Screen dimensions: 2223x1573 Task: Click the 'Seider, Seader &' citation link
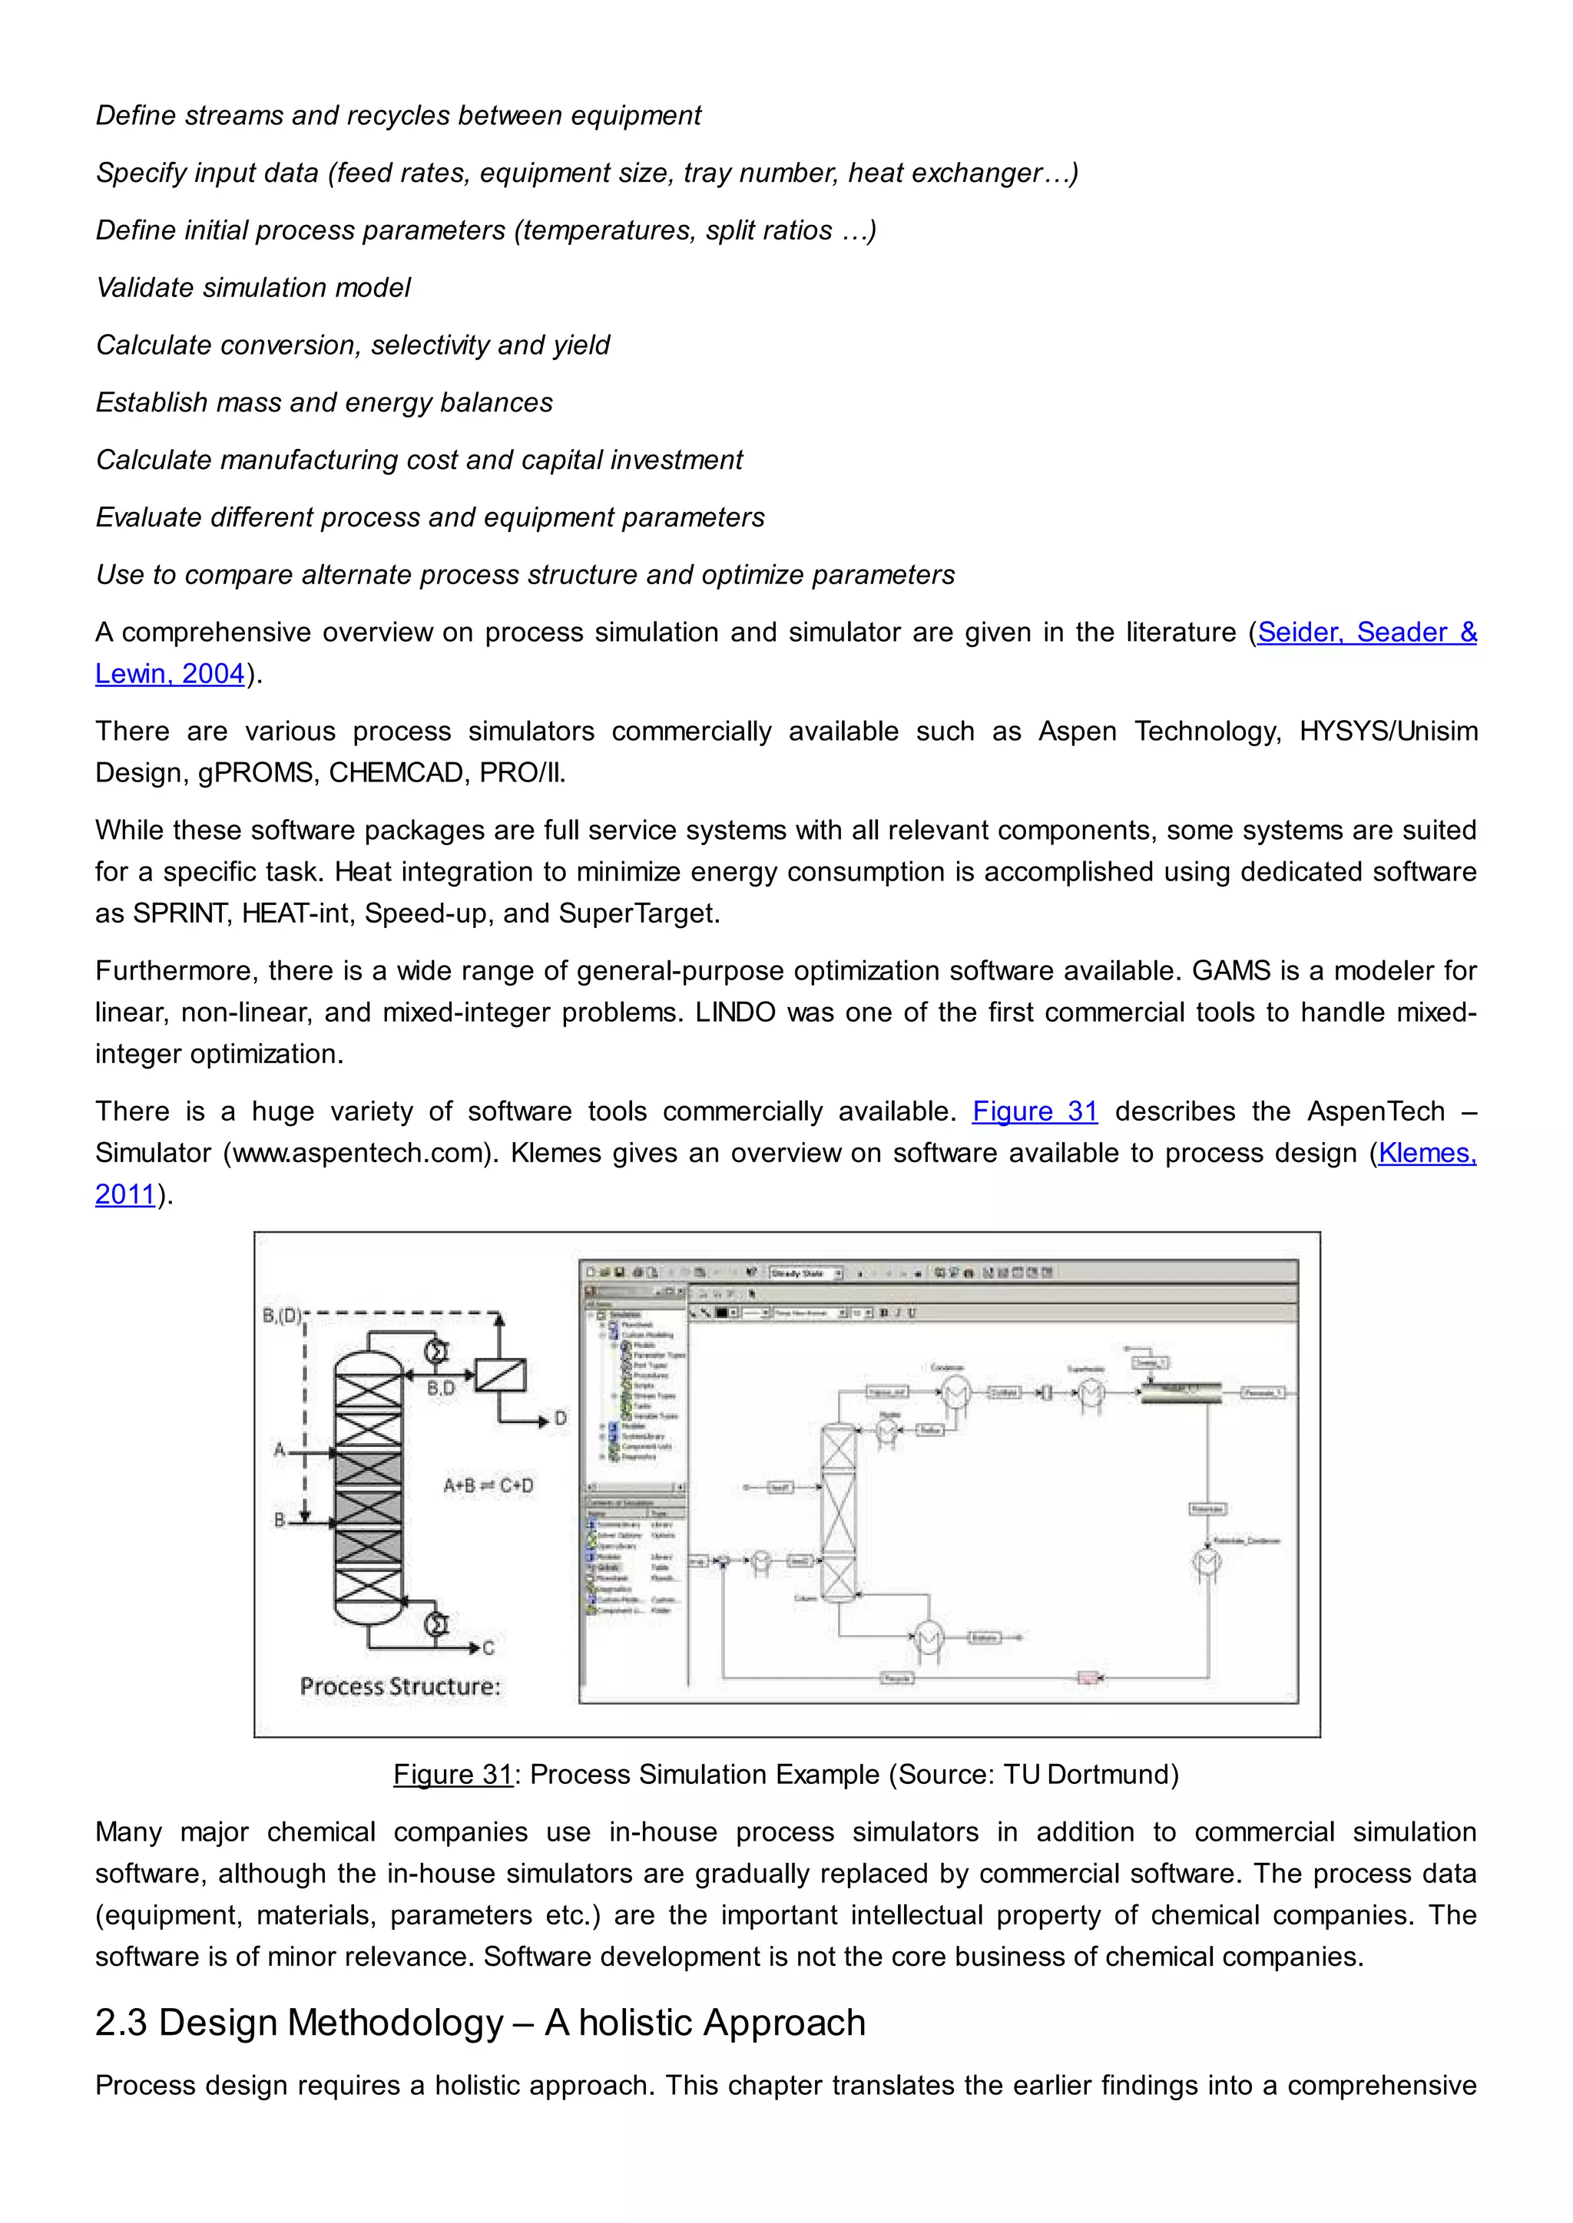1366,633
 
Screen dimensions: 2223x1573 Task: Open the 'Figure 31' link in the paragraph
1035,1111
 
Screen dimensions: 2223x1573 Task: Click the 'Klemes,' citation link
1426,1152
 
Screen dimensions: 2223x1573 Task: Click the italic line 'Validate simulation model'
253,288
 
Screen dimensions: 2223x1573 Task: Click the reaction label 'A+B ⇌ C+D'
488,1485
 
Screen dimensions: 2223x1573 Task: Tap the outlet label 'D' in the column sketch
560,1419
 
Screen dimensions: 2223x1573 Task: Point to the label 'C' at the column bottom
488,1648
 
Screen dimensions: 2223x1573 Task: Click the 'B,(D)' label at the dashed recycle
281,1316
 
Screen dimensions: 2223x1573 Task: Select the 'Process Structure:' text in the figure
400,1686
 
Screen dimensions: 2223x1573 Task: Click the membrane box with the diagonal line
500,1375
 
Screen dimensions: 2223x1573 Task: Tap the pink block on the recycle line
1088,1678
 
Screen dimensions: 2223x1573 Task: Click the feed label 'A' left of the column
279,1449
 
